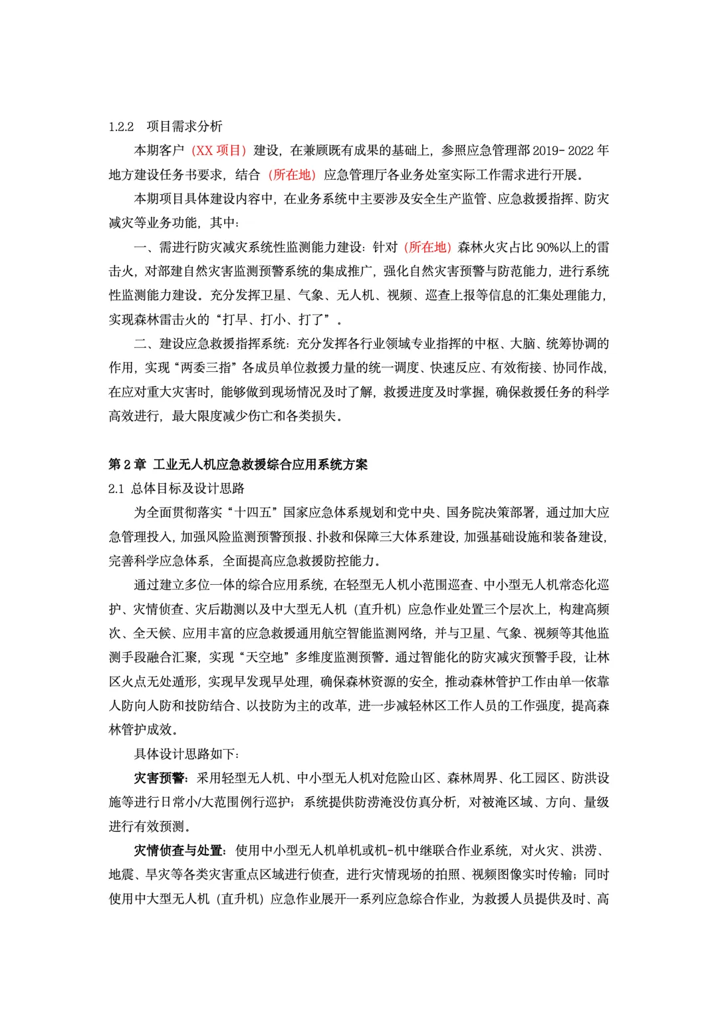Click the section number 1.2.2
click(x=121, y=126)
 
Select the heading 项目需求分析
click(x=184, y=126)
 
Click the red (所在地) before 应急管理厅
click(x=292, y=175)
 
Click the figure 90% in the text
click(x=547, y=248)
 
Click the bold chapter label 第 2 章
click(x=127, y=464)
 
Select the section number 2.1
click(x=116, y=489)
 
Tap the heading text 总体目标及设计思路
click(x=187, y=489)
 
